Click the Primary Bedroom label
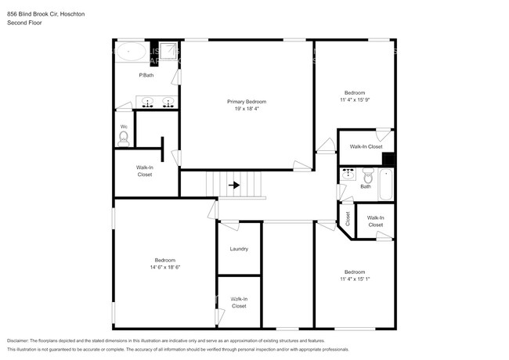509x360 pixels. (x=247, y=102)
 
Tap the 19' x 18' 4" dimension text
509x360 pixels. (x=247, y=109)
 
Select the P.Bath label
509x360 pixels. (x=146, y=75)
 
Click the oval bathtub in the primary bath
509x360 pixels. (x=130, y=54)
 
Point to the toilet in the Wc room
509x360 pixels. (x=124, y=137)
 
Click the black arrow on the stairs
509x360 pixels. (x=234, y=185)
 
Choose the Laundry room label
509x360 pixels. (x=239, y=249)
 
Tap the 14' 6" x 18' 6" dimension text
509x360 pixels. (x=164, y=267)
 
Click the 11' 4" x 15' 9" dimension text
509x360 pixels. (x=353, y=99)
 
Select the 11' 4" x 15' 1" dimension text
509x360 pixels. (x=353, y=279)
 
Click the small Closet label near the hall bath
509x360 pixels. (x=346, y=218)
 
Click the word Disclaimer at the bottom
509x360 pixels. (x=21, y=341)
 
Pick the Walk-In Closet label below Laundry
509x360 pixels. (x=239, y=302)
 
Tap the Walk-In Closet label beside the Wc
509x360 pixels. (x=145, y=171)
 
